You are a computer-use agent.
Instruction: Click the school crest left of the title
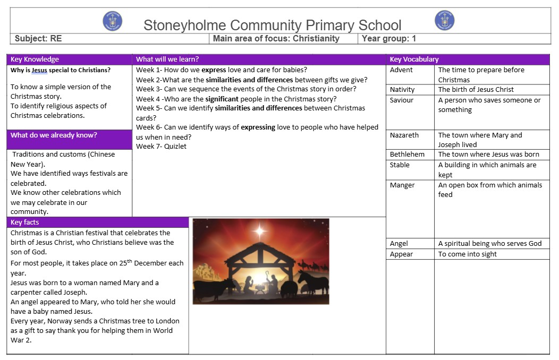tap(112, 21)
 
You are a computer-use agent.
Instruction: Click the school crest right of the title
tap(444, 21)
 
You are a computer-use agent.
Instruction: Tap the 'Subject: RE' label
tap(38, 38)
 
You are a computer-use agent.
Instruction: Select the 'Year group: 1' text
tap(389, 38)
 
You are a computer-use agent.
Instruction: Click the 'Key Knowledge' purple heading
tap(35, 59)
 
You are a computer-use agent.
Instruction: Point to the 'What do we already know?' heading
tap(54, 135)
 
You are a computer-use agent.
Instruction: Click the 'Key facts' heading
tap(25, 222)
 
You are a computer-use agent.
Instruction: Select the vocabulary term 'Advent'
tap(401, 70)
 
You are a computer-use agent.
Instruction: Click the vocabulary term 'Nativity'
tap(402, 89)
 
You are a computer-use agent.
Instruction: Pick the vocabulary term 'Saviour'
tap(402, 100)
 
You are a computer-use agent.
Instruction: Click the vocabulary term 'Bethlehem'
tap(407, 154)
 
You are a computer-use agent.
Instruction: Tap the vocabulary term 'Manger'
tap(402, 185)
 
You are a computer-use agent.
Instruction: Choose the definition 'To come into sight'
tap(468, 254)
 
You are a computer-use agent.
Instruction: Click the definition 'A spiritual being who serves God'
tap(490, 243)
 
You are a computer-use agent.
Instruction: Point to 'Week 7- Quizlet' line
tap(161, 146)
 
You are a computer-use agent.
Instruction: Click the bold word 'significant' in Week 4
tap(221, 98)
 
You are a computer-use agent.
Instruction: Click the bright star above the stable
tap(260, 231)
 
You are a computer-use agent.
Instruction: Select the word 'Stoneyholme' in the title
tap(185, 25)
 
